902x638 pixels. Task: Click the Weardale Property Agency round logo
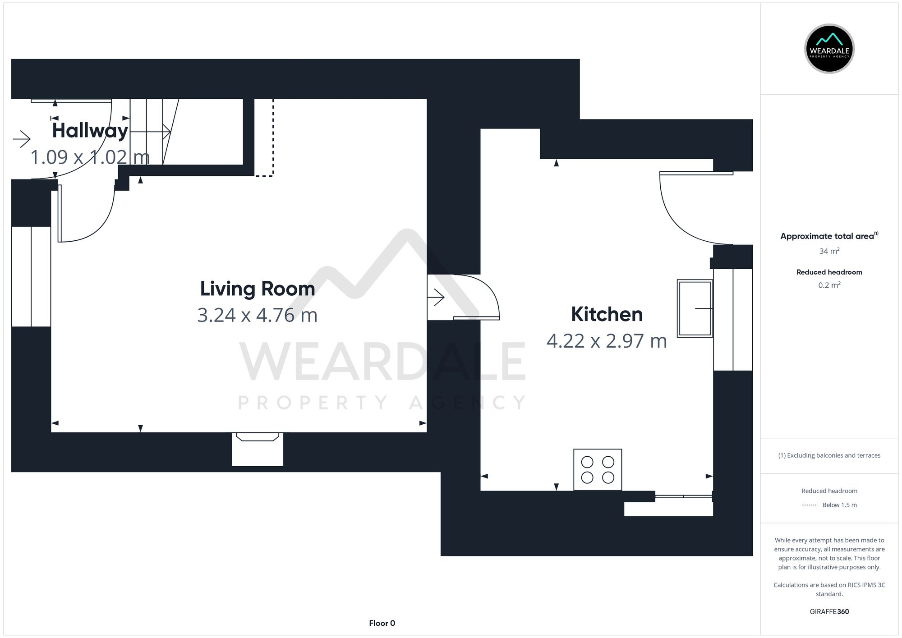(x=829, y=49)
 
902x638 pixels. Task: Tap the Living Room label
(x=257, y=289)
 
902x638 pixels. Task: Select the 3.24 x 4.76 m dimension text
(x=257, y=315)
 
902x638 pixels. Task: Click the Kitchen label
(x=607, y=314)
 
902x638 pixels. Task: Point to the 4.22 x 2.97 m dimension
(x=607, y=341)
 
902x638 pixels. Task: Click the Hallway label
(x=90, y=131)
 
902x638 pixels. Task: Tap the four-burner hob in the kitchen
(x=598, y=469)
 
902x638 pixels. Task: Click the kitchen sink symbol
(x=695, y=308)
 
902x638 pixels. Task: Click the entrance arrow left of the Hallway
(x=21, y=139)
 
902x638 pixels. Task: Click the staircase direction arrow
(x=151, y=132)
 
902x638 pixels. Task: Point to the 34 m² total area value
(x=829, y=251)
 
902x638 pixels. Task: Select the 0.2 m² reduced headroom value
(x=829, y=285)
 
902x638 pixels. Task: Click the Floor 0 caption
(x=382, y=623)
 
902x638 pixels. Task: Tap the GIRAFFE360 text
(x=829, y=611)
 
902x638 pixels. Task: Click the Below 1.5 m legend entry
(x=839, y=505)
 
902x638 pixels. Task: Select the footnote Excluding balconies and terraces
(x=829, y=455)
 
